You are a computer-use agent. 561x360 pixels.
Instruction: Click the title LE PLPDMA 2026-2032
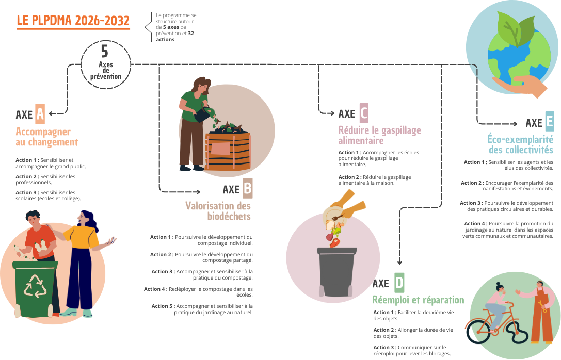click(x=73, y=21)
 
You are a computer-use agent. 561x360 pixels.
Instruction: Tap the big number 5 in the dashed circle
click(x=104, y=51)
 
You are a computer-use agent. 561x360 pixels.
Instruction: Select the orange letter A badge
click(x=40, y=114)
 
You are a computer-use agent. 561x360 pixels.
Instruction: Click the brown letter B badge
click(x=248, y=188)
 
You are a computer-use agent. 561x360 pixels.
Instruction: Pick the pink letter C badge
click(x=363, y=113)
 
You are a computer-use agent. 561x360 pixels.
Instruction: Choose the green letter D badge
click(x=399, y=283)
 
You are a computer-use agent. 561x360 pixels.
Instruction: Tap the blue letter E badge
click(x=549, y=122)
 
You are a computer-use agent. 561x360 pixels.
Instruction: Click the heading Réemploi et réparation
click(x=418, y=300)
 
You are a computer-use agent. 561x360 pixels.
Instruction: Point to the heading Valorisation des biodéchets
click(x=218, y=211)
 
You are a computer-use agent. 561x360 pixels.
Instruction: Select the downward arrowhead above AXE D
click(x=399, y=262)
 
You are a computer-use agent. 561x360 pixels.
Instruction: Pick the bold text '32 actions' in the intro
click(x=174, y=37)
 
